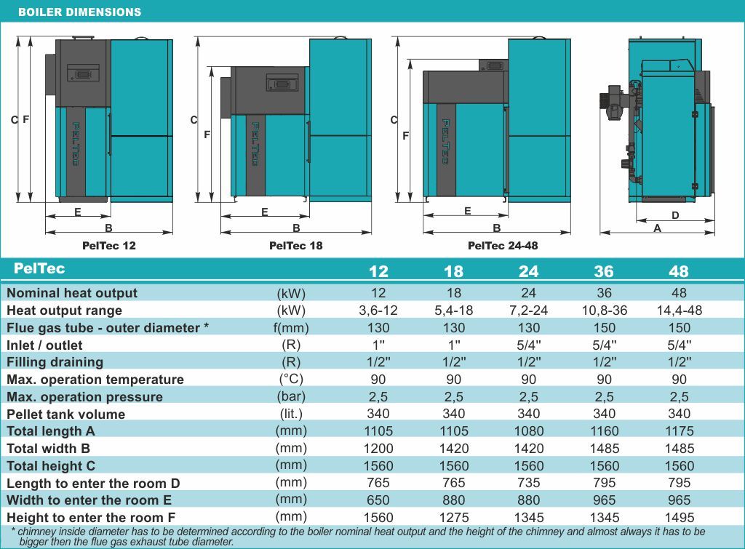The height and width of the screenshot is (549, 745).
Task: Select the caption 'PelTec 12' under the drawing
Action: pos(109,246)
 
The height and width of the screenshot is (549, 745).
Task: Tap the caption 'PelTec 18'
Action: pos(295,246)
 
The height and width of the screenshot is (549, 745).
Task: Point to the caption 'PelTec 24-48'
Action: pos(503,246)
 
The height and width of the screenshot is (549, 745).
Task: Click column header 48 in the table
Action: pos(678,271)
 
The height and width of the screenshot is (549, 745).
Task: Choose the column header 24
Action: pos(529,271)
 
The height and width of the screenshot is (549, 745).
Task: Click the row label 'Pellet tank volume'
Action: pos(66,414)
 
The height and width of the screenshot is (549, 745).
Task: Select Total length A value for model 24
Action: pos(529,431)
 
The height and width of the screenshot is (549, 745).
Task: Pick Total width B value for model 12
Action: pos(378,449)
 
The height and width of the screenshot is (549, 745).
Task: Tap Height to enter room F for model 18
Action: pos(453,518)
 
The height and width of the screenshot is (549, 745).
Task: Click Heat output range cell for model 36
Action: pos(605,310)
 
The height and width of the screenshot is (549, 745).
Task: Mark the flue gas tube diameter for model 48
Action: pos(679,328)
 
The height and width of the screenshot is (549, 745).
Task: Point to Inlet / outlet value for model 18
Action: pos(453,345)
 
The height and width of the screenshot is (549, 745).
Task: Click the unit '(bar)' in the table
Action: pos(291,397)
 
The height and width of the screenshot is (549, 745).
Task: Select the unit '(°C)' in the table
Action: pos(291,380)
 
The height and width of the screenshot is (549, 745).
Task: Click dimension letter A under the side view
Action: pos(657,228)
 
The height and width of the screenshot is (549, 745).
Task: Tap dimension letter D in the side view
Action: pos(675,215)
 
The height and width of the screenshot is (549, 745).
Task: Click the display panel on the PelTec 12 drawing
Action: pos(82,73)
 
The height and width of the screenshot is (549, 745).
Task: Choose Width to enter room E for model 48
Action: pos(679,500)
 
